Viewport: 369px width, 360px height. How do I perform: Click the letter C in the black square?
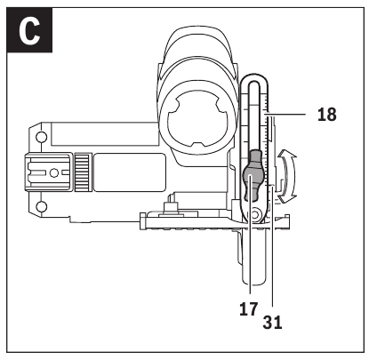(29, 31)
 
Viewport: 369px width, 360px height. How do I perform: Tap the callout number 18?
(327, 115)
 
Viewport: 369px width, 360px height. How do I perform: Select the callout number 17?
(249, 309)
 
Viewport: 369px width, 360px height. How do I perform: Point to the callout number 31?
(272, 323)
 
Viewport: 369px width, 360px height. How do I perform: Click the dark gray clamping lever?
(252, 175)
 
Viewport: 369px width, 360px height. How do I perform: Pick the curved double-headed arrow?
(287, 176)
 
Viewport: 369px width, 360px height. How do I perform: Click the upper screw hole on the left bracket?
(41, 137)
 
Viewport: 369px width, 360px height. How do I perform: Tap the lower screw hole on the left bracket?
(42, 206)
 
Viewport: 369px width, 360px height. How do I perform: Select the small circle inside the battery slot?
(53, 172)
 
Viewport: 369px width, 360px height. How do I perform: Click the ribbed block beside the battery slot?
(83, 172)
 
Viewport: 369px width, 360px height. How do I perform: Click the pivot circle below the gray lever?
(255, 214)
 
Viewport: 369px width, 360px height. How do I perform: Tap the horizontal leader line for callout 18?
(285, 114)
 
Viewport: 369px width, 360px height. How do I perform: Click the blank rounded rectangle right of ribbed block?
(129, 172)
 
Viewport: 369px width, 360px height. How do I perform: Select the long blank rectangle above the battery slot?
(105, 134)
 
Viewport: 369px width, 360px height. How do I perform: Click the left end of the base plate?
(143, 220)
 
